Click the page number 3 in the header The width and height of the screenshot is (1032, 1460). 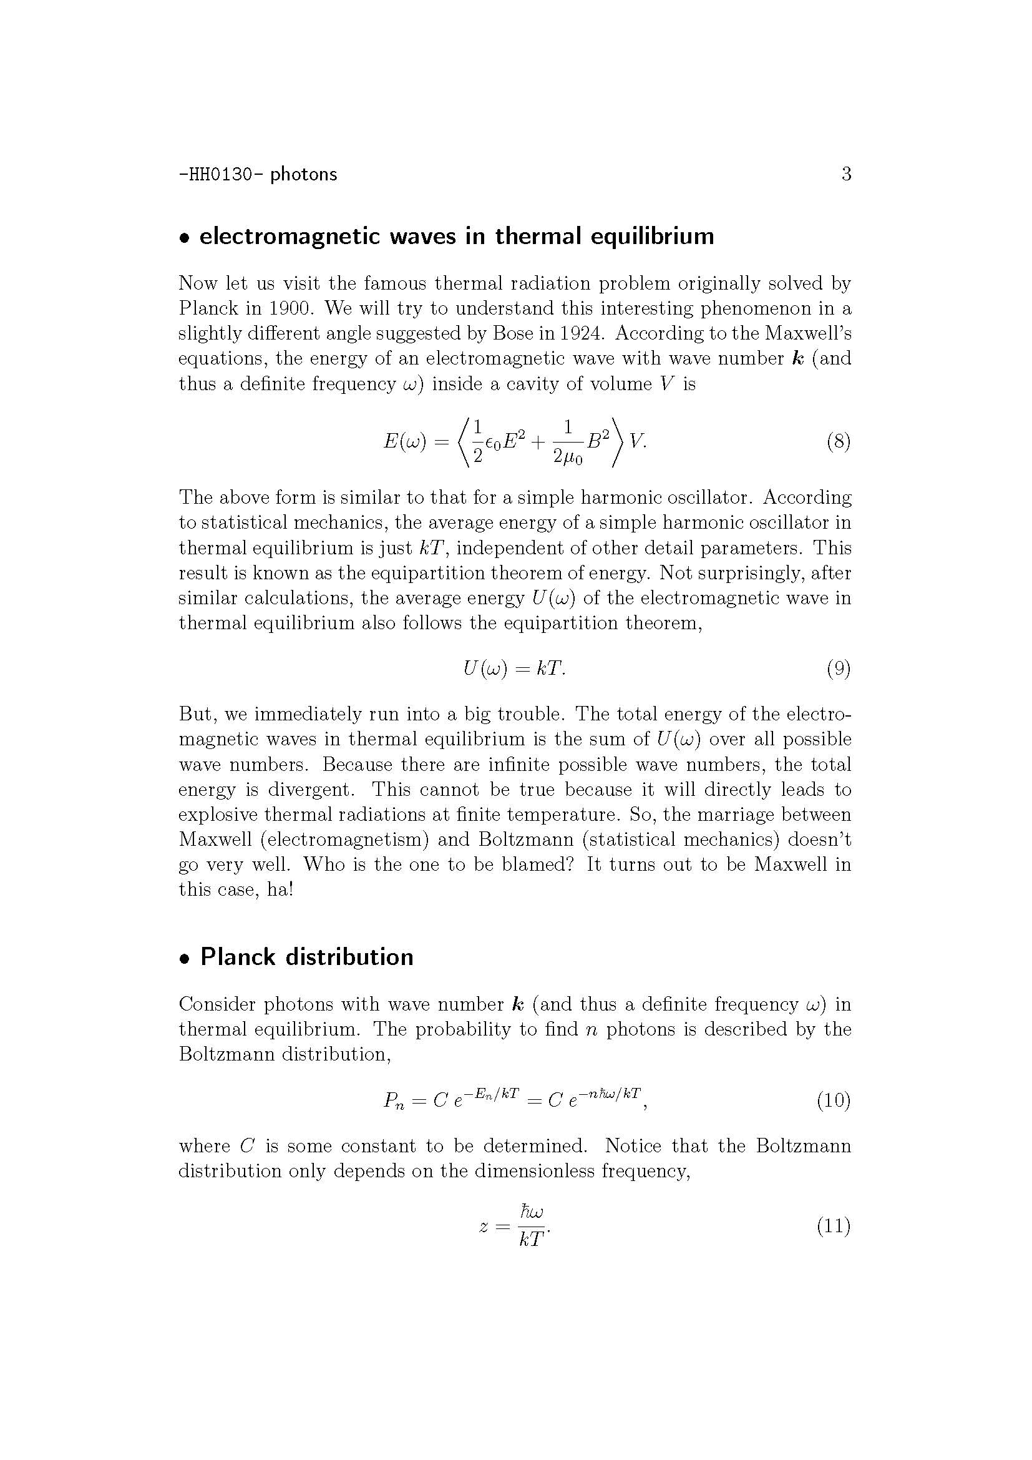click(x=846, y=174)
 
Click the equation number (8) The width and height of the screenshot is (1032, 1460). click(x=838, y=441)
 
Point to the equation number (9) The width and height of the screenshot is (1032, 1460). click(x=838, y=669)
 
